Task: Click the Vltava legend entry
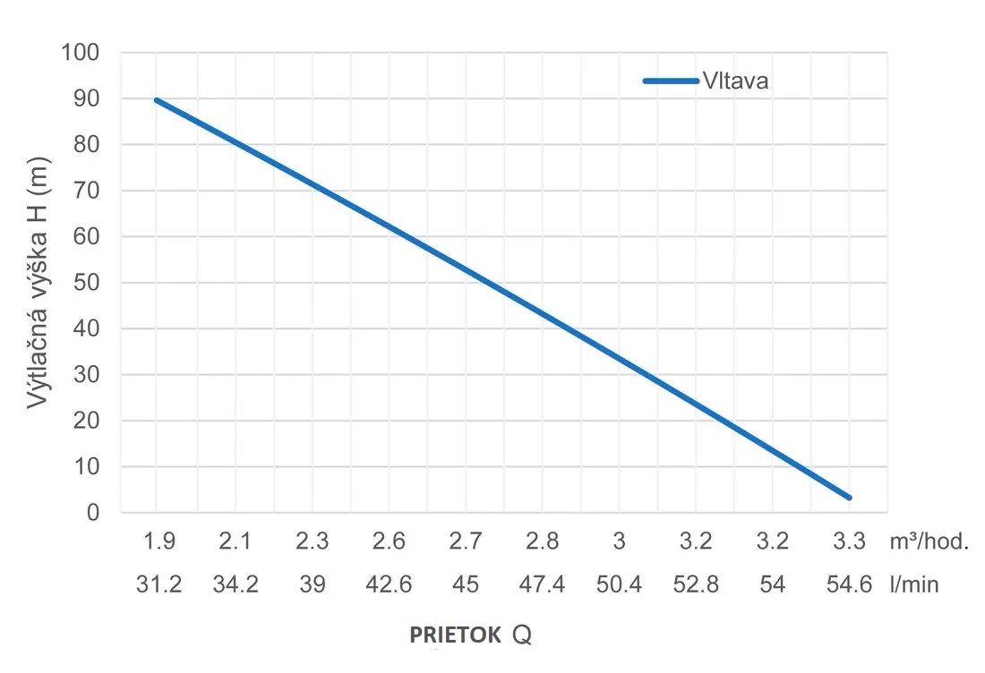tap(707, 81)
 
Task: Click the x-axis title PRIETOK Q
tap(470, 635)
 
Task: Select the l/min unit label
tap(915, 585)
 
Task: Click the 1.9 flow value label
tap(158, 541)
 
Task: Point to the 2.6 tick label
tap(389, 541)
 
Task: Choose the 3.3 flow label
tap(849, 541)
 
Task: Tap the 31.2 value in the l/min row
tap(158, 585)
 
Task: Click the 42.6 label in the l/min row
tap(389, 585)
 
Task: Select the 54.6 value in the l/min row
tap(849, 585)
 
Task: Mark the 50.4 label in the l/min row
tap(619, 585)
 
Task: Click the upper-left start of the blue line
tap(158, 100)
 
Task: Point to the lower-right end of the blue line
tap(848, 498)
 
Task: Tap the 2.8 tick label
tap(542, 541)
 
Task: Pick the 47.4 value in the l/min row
tap(542, 585)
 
